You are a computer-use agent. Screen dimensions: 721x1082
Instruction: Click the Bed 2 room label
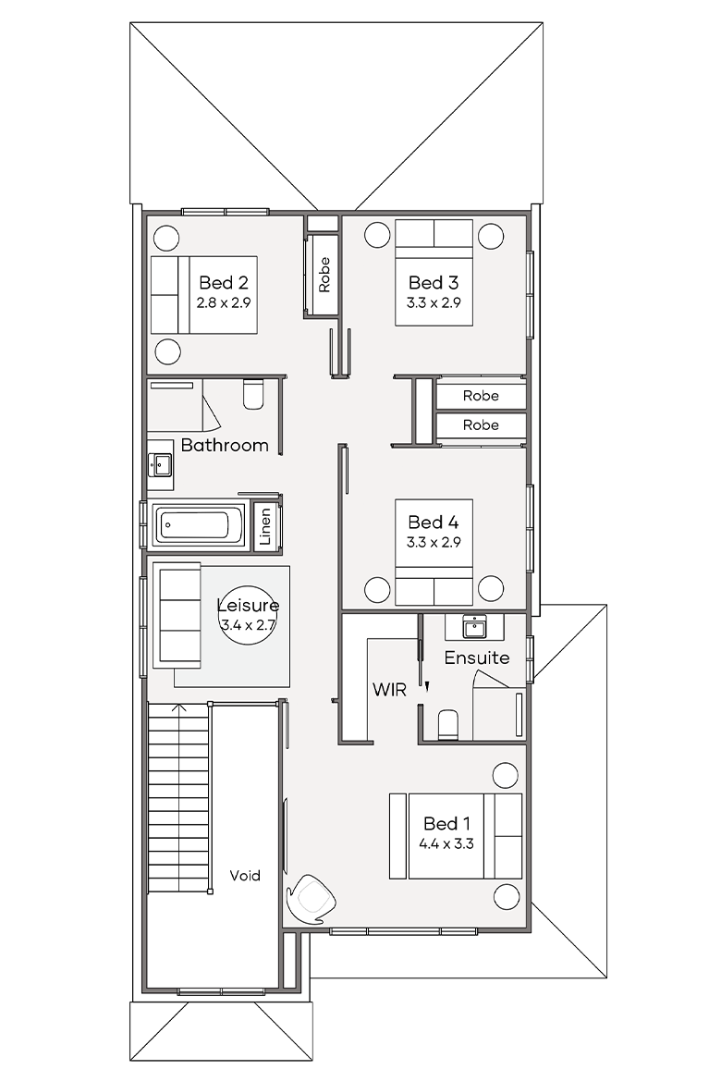click(224, 282)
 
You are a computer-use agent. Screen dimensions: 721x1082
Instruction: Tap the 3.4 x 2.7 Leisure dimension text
click(248, 625)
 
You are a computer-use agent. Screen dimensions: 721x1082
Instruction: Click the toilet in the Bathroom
click(254, 394)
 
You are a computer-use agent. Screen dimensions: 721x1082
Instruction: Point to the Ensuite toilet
click(448, 724)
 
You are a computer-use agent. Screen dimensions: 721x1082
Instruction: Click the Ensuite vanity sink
click(475, 627)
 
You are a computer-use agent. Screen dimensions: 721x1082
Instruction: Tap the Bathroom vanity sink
click(160, 463)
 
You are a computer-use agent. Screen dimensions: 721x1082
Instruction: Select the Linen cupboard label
click(265, 526)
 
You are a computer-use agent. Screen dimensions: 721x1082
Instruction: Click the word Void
click(245, 876)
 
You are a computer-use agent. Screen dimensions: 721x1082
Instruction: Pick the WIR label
click(389, 689)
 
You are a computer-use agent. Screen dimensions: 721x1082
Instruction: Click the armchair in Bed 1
click(312, 899)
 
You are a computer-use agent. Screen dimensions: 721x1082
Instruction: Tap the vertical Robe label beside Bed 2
click(324, 274)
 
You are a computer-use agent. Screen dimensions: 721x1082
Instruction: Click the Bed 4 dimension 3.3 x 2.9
click(434, 542)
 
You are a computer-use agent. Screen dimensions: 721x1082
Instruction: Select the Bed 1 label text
click(446, 823)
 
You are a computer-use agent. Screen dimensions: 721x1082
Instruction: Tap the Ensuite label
click(477, 658)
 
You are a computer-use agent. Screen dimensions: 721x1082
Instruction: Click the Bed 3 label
click(434, 282)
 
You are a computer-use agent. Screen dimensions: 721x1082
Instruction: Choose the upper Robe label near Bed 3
click(481, 396)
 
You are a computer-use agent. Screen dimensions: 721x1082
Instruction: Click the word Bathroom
click(225, 445)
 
